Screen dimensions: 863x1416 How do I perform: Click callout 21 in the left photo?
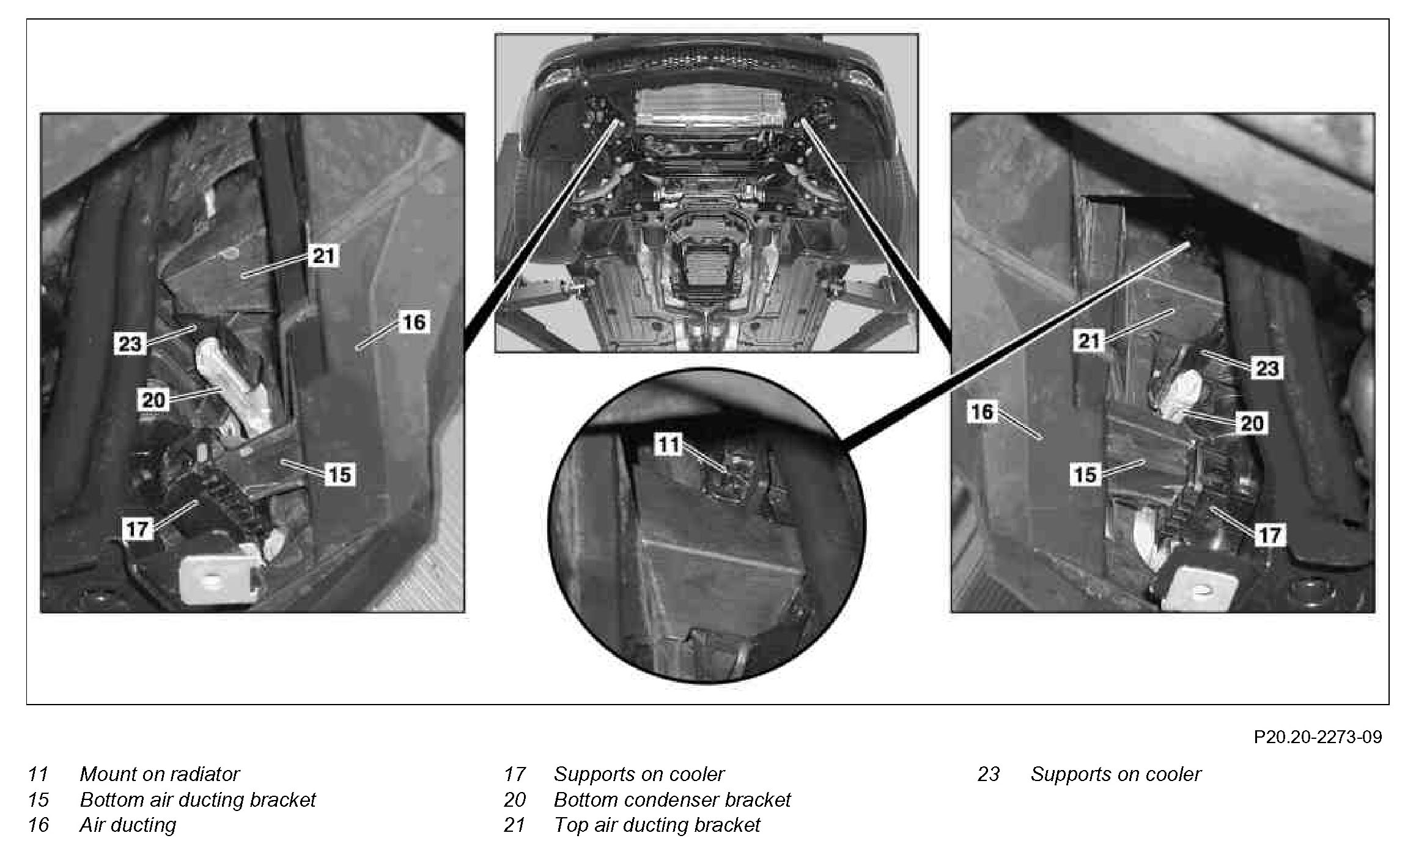pyautogui.click(x=323, y=255)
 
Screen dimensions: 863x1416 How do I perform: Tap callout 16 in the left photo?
pyautogui.click(x=414, y=322)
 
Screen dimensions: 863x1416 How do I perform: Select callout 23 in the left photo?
pyautogui.click(x=130, y=344)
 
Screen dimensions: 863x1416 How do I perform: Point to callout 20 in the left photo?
pyautogui.click(x=153, y=401)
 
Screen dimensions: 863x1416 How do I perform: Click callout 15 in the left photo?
pyautogui.click(x=340, y=475)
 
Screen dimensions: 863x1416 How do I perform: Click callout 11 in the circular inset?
pyautogui.click(x=668, y=445)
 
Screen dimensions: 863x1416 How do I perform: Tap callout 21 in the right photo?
pyautogui.click(x=1088, y=341)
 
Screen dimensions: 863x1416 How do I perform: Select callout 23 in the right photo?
pyautogui.click(x=1267, y=368)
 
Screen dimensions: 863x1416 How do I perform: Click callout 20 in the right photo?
pyautogui.click(x=1252, y=423)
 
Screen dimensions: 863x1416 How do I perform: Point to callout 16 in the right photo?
pyautogui.click(x=983, y=412)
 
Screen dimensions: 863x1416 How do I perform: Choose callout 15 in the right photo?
pyautogui.click(x=1085, y=475)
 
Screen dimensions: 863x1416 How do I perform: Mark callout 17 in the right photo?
pyautogui.click(x=1269, y=535)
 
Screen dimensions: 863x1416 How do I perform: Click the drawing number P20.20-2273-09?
pyautogui.click(x=1317, y=737)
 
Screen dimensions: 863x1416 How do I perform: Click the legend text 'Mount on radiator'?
pyautogui.click(x=160, y=774)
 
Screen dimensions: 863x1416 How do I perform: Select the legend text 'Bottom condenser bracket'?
pyautogui.click(x=672, y=800)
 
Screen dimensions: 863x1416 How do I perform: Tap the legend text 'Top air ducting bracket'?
pyautogui.click(x=657, y=825)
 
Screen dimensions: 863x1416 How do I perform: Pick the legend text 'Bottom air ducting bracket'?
pyautogui.click(x=197, y=800)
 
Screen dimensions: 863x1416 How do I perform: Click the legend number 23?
pyautogui.click(x=988, y=774)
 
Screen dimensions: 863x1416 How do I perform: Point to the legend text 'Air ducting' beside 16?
pyautogui.click(x=128, y=825)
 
